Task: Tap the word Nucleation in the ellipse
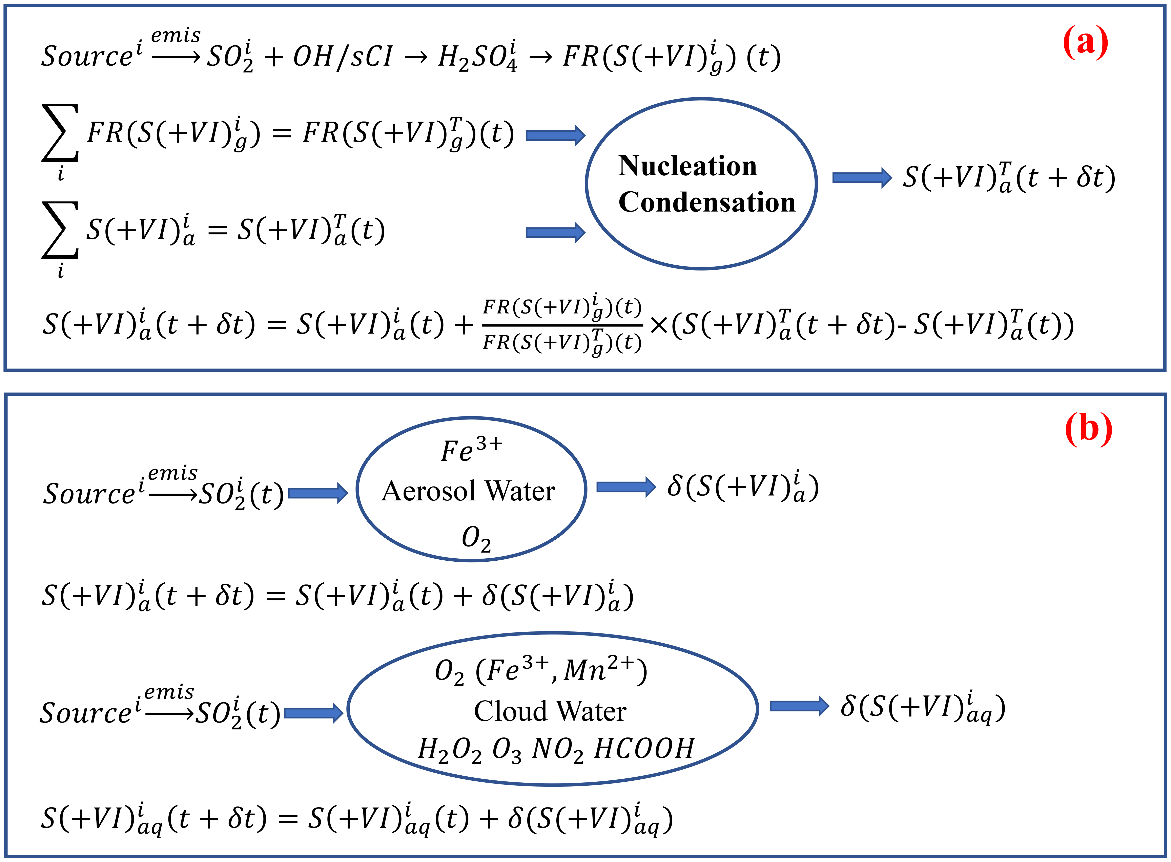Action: click(687, 166)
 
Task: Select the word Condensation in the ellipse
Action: click(706, 202)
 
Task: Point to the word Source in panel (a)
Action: click(87, 56)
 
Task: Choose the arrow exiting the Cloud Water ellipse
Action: click(799, 706)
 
